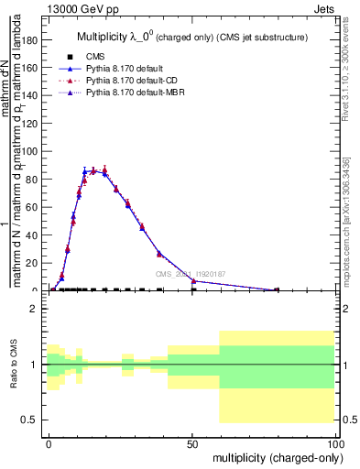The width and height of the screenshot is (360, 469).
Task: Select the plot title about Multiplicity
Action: coord(191,36)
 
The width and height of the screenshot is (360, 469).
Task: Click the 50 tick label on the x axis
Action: coord(192,442)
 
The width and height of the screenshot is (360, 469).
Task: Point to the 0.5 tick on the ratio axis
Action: coord(32,420)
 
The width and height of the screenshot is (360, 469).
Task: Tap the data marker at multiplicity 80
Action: coord(278,290)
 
